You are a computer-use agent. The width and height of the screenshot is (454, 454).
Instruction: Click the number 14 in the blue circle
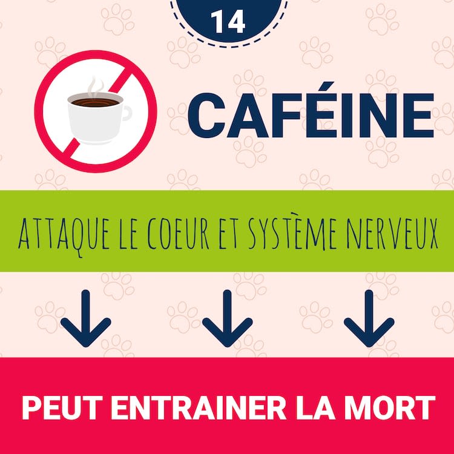coord(228,22)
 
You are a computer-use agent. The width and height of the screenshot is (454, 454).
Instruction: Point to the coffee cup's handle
coord(127,113)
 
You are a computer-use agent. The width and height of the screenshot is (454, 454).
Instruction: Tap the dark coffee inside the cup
coord(95,102)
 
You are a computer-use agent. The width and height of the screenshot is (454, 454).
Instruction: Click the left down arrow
coord(86,318)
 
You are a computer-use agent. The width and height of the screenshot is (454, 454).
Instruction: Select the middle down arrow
coord(227,318)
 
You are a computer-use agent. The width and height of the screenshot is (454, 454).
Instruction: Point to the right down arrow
coord(369,318)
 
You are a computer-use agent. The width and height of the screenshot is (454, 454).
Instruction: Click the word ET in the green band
coord(228,234)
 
